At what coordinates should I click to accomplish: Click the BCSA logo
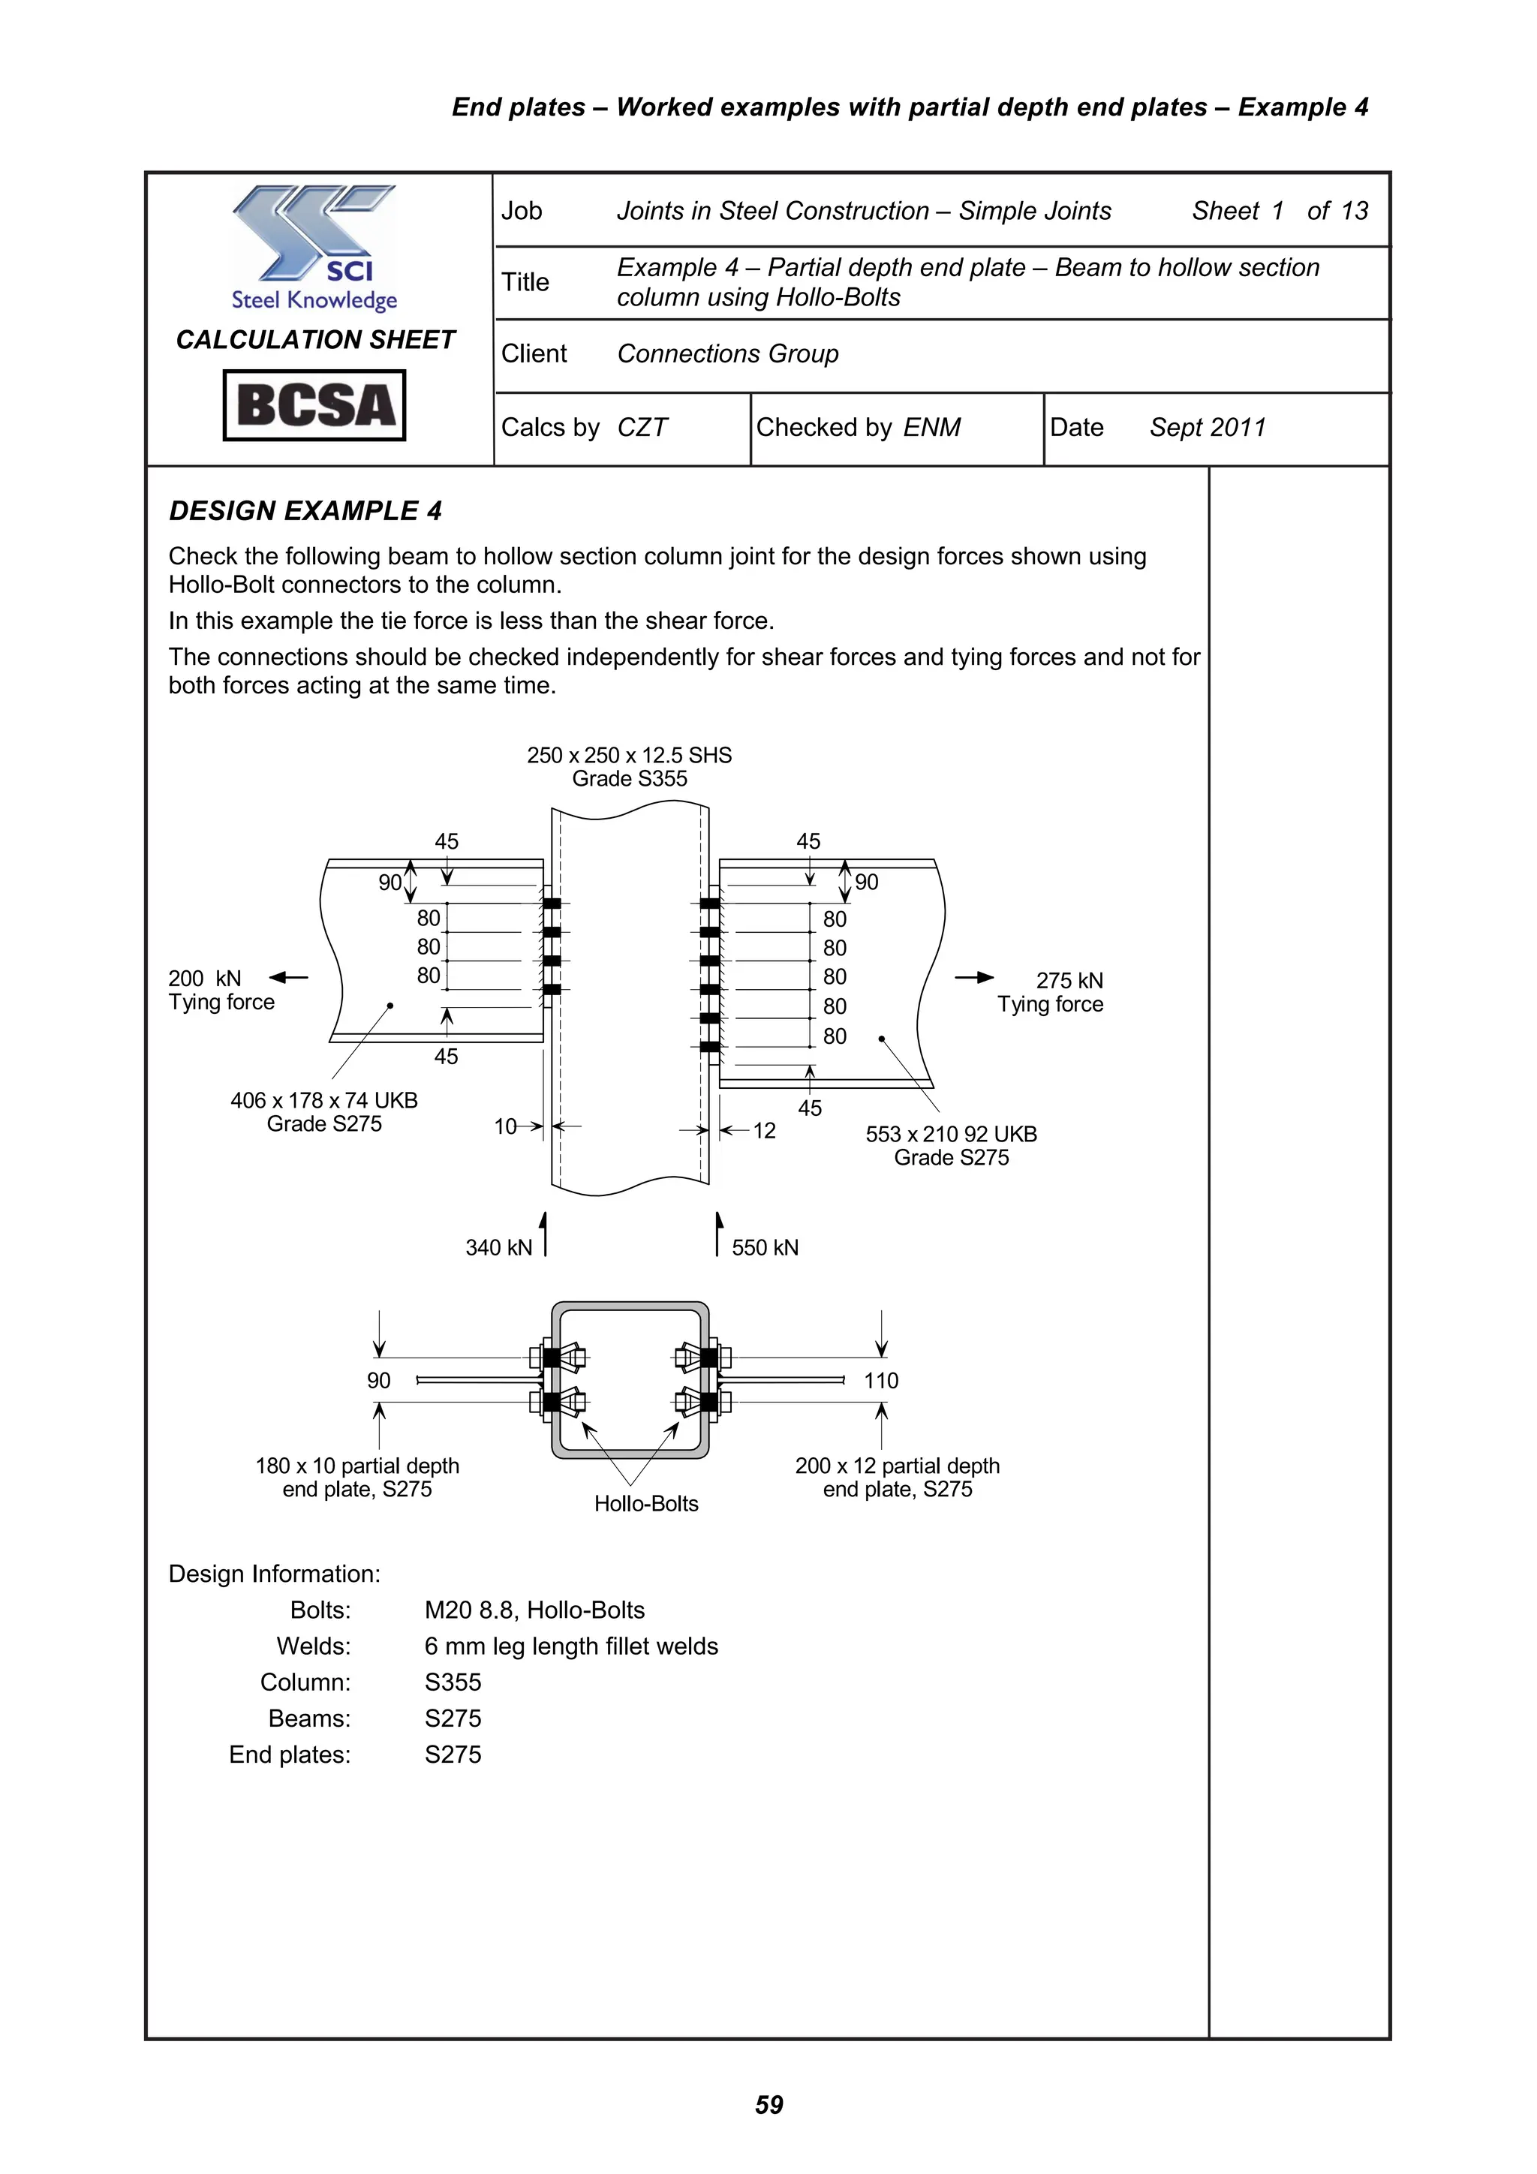(x=314, y=405)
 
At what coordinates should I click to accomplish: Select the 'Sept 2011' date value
(x=1208, y=428)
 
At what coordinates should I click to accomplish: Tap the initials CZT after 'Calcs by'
(x=642, y=428)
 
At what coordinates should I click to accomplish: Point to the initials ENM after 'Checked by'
(x=932, y=428)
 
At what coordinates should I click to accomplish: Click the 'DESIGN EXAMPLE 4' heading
(x=305, y=511)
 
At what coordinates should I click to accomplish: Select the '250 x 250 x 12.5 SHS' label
(x=629, y=756)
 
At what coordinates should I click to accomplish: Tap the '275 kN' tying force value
(x=1069, y=980)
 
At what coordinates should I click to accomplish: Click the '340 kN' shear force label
(x=499, y=1248)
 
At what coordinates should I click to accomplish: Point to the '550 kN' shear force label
(x=765, y=1248)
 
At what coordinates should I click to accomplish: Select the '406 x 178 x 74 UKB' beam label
(x=324, y=1100)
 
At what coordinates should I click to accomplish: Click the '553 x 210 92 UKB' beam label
(x=951, y=1135)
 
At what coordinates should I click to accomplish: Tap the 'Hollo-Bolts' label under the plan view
(x=646, y=1504)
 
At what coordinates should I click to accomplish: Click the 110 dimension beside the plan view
(x=881, y=1381)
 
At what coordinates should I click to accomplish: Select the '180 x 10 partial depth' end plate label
(x=357, y=1466)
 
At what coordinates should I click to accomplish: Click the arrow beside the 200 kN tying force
(x=289, y=977)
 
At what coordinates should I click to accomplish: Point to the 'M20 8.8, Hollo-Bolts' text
(x=534, y=1610)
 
